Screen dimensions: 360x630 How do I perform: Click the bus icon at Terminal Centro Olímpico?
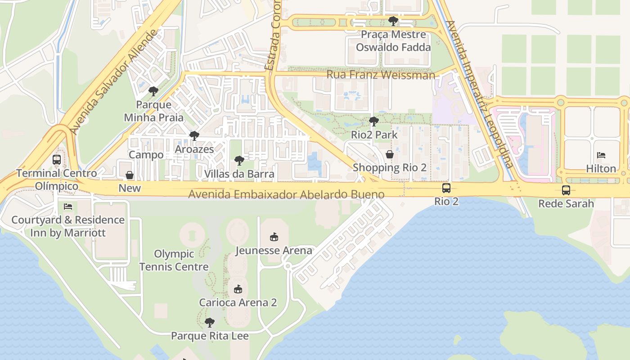click(x=57, y=160)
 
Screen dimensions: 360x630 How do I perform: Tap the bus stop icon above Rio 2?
click(x=446, y=188)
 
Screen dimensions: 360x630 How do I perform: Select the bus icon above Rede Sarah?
click(x=566, y=190)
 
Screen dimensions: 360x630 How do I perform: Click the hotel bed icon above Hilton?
click(x=601, y=155)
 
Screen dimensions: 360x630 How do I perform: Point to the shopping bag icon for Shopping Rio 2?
click(x=389, y=154)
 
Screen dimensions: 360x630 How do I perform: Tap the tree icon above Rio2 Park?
click(x=373, y=121)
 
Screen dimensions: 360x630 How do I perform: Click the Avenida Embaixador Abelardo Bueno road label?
click(x=286, y=194)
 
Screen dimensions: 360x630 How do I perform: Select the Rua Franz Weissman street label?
click(x=380, y=75)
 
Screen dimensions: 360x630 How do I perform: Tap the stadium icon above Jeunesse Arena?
click(x=273, y=237)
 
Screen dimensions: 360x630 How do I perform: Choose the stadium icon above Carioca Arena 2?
click(x=238, y=289)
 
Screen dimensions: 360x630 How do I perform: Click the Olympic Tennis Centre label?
click(x=174, y=260)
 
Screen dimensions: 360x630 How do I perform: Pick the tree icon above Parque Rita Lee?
click(x=209, y=322)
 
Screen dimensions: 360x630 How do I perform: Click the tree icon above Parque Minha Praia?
click(x=153, y=91)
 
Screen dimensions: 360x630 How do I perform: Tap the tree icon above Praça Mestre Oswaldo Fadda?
click(x=393, y=21)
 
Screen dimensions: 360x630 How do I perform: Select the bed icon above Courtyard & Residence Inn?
click(x=68, y=207)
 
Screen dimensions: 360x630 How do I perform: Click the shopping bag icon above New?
click(x=130, y=175)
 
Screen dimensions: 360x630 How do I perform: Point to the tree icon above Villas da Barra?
click(x=239, y=160)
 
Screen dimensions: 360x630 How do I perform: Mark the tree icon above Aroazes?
click(x=194, y=135)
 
